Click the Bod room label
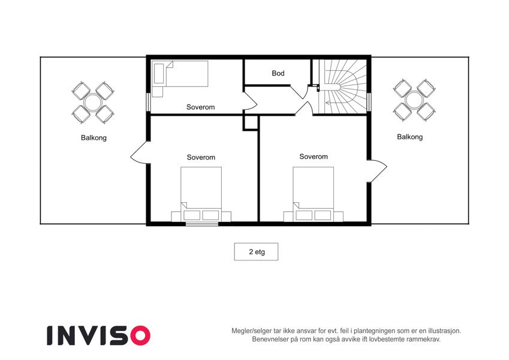tap(278, 73)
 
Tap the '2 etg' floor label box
tap(256, 252)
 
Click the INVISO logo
tap(99, 335)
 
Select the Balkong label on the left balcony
tap(94, 138)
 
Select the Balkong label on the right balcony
tap(409, 137)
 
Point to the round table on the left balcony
tap(93, 103)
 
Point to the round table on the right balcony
tap(414, 100)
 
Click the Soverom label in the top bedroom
tap(201, 107)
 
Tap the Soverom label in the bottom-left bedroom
tap(201, 158)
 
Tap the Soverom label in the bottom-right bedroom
tap(314, 157)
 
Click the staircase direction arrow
tap(332, 103)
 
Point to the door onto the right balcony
tap(377, 171)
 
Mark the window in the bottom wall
tap(202, 224)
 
